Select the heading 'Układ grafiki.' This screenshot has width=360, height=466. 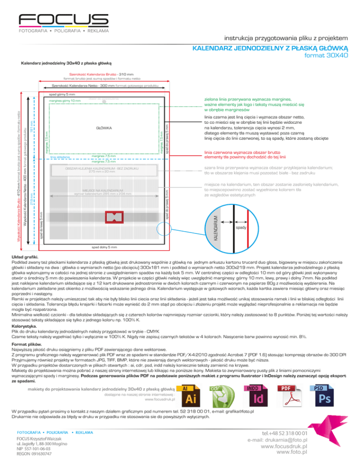(x=24, y=258)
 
